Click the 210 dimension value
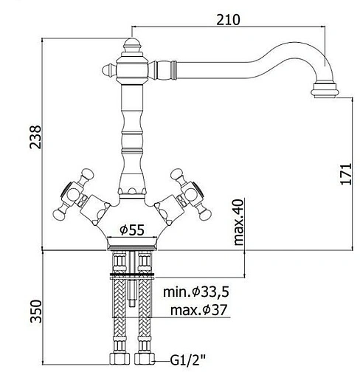point(228,20)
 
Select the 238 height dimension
point(35,137)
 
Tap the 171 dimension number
point(346,173)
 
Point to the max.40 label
point(238,222)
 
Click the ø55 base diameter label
point(132,230)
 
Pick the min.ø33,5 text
point(196,292)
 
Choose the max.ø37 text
point(198,310)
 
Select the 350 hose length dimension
point(36,311)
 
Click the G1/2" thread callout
point(187,361)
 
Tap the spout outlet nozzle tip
point(325,91)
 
